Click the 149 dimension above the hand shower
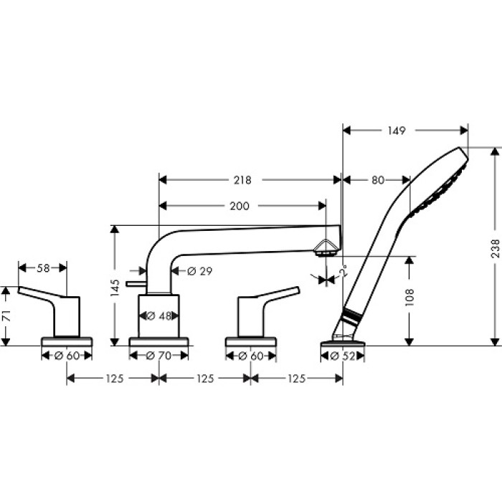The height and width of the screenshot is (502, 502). click(x=396, y=131)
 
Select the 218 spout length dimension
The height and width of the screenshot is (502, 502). click(x=242, y=179)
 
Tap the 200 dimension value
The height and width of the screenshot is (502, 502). click(x=240, y=206)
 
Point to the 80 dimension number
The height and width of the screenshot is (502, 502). click(x=377, y=179)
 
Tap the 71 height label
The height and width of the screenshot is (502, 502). click(x=6, y=316)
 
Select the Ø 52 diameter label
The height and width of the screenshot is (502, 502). click(x=343, y=355)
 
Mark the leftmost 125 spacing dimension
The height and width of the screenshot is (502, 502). click(x=113, y=379)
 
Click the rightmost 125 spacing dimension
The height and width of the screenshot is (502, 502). click(x=296, y=379)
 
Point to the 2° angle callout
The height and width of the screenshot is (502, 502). click(x=344, y=272)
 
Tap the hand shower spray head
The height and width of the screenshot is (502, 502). click(x=441, y=183)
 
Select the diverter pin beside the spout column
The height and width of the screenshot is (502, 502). click(x=135, y=284)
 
